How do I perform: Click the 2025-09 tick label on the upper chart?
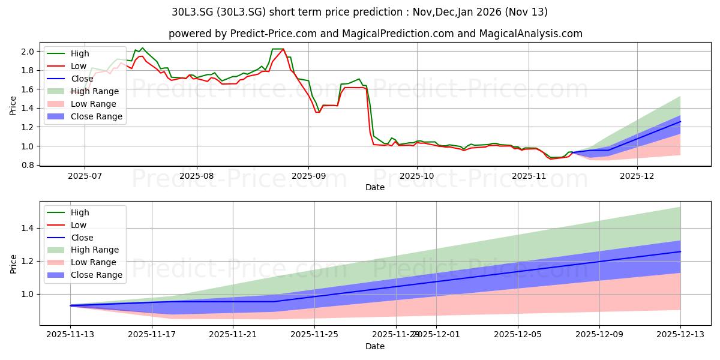[308, 176]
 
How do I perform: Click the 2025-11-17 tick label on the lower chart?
[152, 335]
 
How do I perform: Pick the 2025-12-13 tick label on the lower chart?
[680, 335]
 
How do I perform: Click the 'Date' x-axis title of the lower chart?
[375, 346]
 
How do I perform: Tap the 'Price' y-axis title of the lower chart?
[14, 264]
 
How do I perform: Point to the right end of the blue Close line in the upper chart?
[680, 121]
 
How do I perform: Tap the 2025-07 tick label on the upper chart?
[85, 176]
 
